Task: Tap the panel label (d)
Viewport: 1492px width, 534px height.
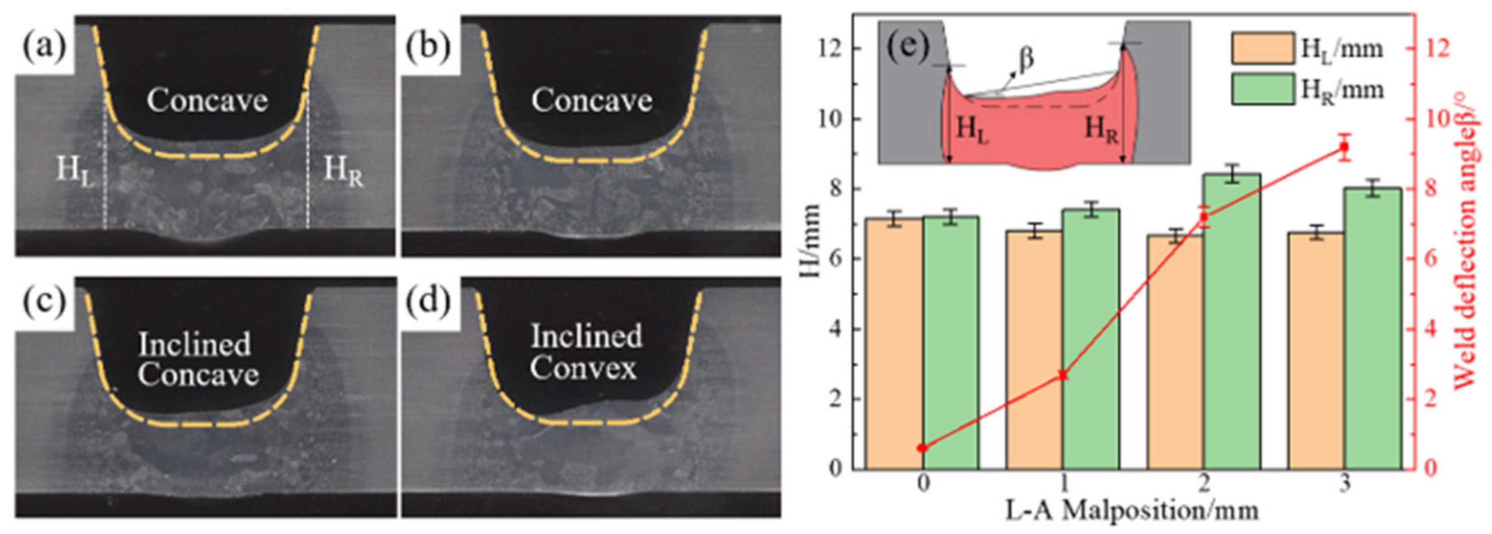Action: (428, 303)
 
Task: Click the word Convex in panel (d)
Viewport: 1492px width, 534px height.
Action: (583, 368)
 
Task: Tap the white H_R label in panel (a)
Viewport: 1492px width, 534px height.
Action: (343, 172)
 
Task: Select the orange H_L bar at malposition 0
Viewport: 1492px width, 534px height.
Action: (894, 343)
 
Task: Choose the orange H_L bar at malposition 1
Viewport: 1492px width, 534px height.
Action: (1035, 350)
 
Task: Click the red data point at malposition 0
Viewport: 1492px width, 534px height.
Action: (923, 448)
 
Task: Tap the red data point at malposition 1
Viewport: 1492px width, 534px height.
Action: (1063, 375)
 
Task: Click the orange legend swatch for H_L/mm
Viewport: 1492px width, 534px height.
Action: (1263, 48)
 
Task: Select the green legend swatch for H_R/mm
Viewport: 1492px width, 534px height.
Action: (1263, 89)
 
